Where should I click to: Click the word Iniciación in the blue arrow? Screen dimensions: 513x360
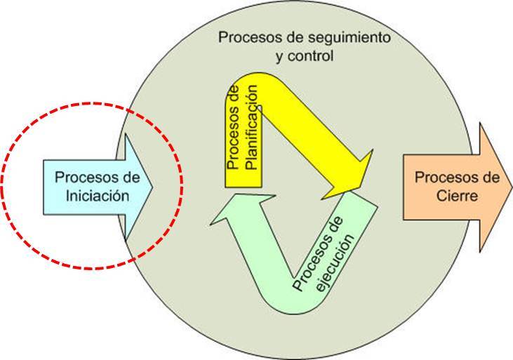(x=97, y=196)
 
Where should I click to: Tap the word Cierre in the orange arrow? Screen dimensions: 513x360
(x=457, y=196)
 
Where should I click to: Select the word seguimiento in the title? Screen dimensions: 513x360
(x=349, y=38)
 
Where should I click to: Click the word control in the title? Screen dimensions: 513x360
(x=310, y=56)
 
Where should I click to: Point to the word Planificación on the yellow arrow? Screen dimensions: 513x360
(x=252, y=127)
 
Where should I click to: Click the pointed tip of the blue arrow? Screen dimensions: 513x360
(x=152, y=187)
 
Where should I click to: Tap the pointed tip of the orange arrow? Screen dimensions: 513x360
(x=512, y=187)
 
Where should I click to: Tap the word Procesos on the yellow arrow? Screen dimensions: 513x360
(x=232, y=137)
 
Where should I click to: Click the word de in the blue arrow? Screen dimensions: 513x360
(x=131, y=178)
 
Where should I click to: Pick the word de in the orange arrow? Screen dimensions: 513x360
(x=491, y=178)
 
